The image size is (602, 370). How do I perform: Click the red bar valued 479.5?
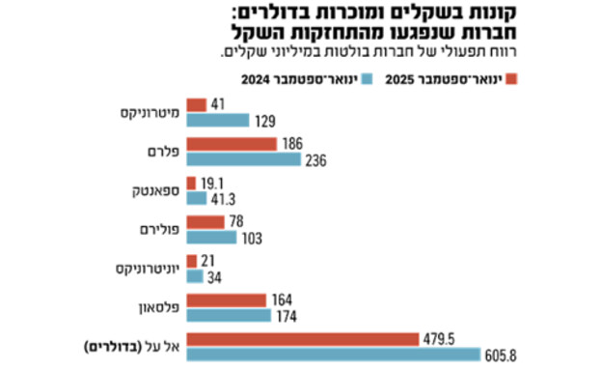click(x=301, y=339)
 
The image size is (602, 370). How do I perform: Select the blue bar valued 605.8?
click(x=332, y=355)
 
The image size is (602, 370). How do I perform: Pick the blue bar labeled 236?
click(x=243, y=159)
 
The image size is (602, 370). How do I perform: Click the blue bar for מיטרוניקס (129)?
click(x=217, y=120)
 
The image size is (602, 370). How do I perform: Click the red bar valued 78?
click(x=205, y=221)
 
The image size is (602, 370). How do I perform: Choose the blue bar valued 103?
click(x=211, y=238)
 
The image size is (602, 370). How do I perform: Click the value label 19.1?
click(x=213, y=183)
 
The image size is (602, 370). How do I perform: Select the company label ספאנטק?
click(x=152, y=190)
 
